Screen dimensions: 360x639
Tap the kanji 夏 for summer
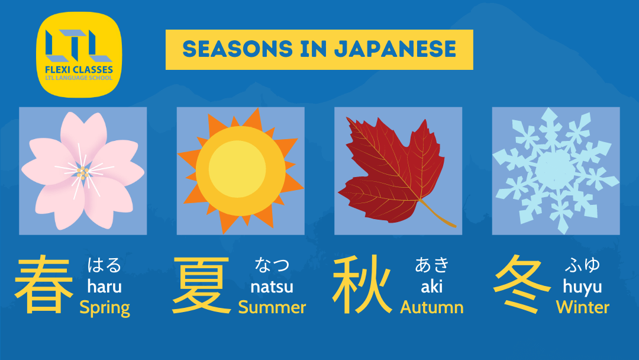click(x=201, y=285)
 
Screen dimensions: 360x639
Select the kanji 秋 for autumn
click(x=362, y=285)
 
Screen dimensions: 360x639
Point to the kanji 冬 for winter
click(x=522, y=284)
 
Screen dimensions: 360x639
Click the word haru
click(x=104, y=287)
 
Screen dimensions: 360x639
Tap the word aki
click(x=431, y=287)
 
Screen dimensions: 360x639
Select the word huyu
click(x=582, y=287)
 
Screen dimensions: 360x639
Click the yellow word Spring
click(x=105, y=308)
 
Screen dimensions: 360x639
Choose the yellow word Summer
click(x=272, y=307)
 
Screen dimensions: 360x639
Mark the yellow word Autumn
click(x=431, y=307)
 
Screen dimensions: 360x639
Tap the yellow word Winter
click(x=582, y=307)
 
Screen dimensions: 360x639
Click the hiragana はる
click(x=104, y=265)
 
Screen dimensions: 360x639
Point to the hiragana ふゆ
click(x=582, y=265)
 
